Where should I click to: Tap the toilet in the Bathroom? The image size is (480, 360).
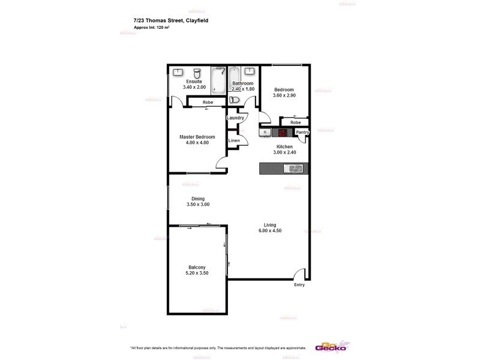(x=236, y=100)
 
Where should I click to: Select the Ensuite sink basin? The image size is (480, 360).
(x=178, y=72)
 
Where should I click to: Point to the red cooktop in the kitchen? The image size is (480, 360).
(x=280, y=132)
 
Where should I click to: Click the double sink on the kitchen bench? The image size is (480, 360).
(x=295, y=169)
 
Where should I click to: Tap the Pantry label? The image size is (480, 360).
(x=302, y=132)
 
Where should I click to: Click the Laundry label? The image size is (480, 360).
(x=235, y=118)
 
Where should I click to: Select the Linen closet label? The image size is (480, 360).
(x=234, y=141)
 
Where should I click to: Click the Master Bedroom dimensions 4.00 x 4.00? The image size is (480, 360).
(x=197, y=143)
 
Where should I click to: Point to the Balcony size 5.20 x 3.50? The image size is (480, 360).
(x=197, y=274)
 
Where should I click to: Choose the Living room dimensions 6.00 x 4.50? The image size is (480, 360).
(x=269, y=230)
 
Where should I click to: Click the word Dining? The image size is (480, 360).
(x=198, y=199)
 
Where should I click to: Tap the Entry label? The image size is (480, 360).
(x=299, y=285)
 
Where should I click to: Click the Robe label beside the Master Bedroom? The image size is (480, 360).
(x=207, y=102)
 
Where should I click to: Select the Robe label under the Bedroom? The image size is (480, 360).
(x=295, y=122)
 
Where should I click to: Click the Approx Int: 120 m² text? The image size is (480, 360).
(x=152, y=28)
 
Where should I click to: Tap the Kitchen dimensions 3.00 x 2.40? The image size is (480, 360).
(x=284, y=152)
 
